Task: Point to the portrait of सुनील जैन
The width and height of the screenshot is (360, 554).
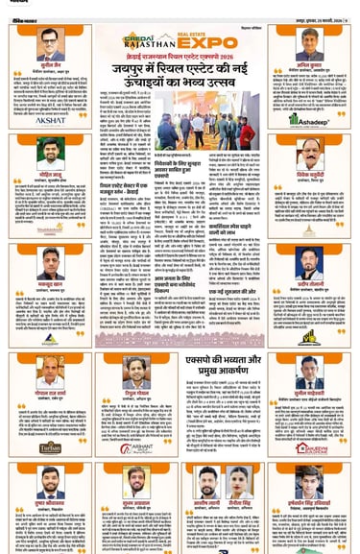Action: (46, 41)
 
